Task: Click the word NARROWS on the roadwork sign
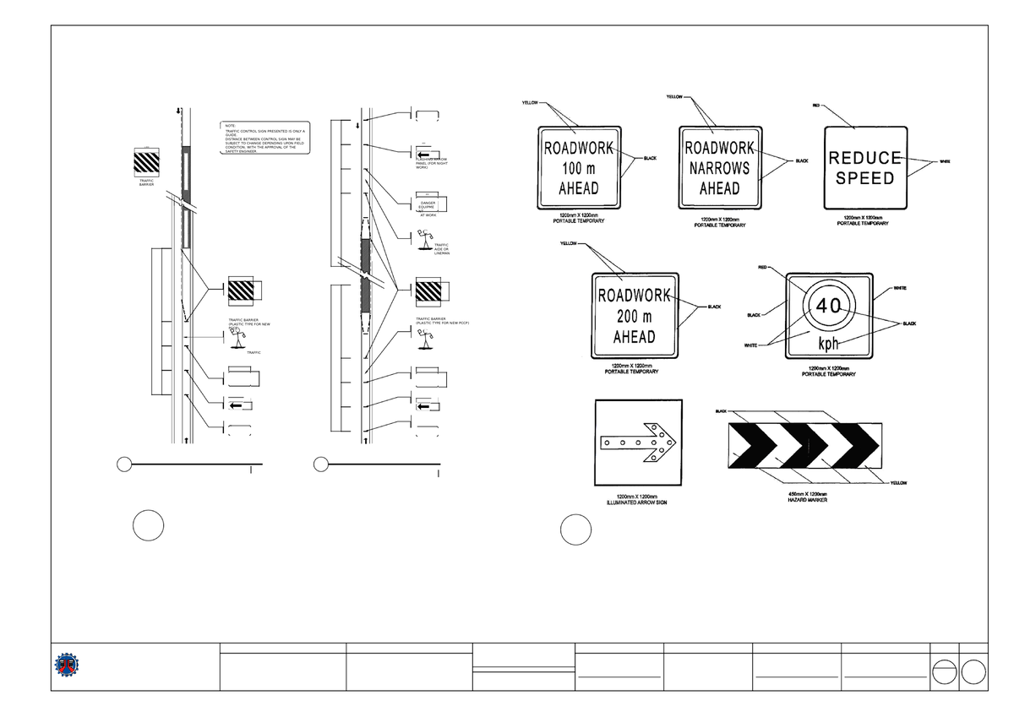[x=721, y=168]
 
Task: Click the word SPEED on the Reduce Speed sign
[x=865, y=178]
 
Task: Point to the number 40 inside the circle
[x=828, y=307]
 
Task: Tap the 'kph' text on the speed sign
[x=828, y=345]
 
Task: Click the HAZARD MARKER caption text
[x=807, y=500]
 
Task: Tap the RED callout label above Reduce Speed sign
[x=816, y=106]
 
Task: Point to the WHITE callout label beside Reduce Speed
[x=945, y=163]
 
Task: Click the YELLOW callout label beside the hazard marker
[x=898, y=483]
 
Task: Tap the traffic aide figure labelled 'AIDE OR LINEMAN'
[x=422, y=241]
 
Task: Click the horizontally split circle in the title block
[x=944, y=672]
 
